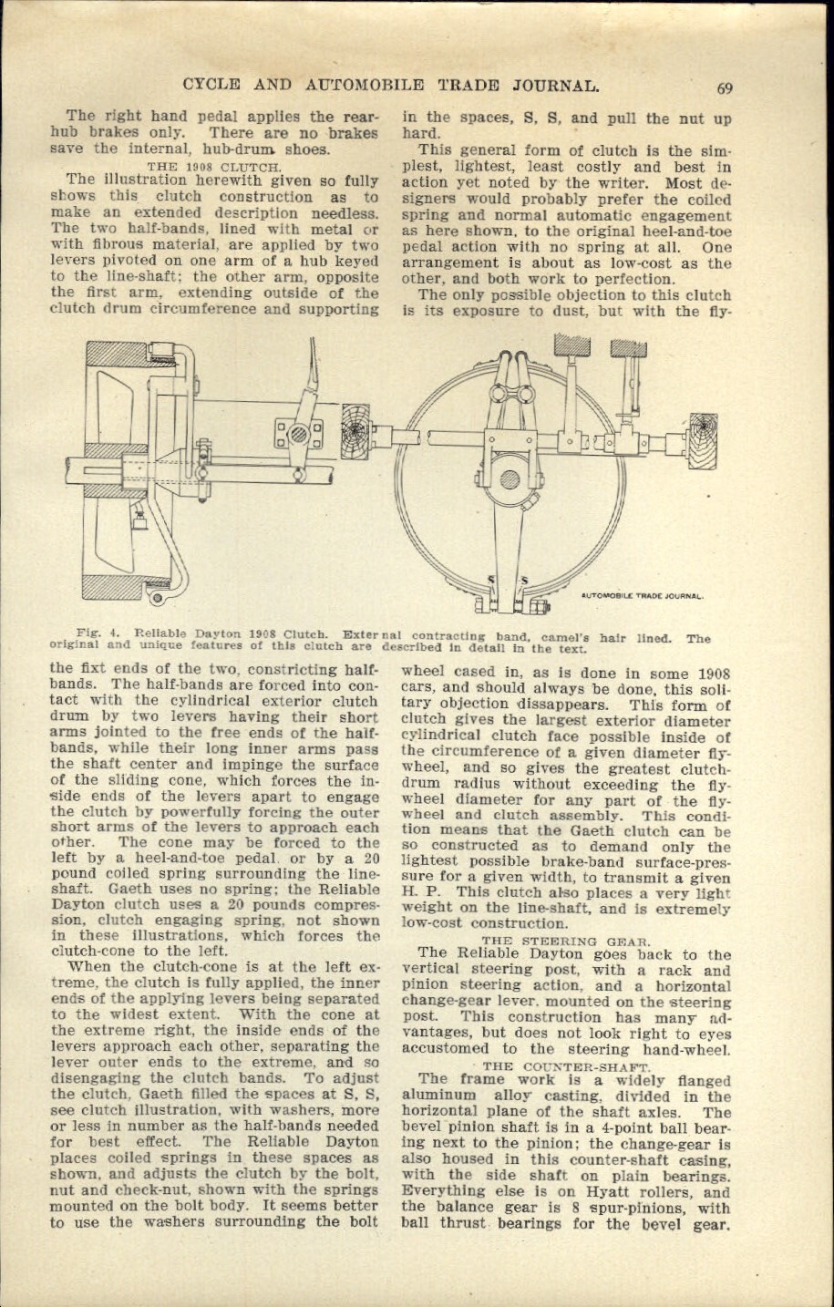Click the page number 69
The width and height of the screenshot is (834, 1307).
pos(725,88)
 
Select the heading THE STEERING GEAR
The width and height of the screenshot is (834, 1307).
pos(564,940)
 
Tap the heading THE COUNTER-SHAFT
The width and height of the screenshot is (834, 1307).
pos(565,1065)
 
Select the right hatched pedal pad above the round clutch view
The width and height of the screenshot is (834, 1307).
pos(628,347)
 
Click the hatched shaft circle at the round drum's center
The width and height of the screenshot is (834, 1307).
pos(510,479)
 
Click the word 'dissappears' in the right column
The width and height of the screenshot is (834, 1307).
pos(566,704)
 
